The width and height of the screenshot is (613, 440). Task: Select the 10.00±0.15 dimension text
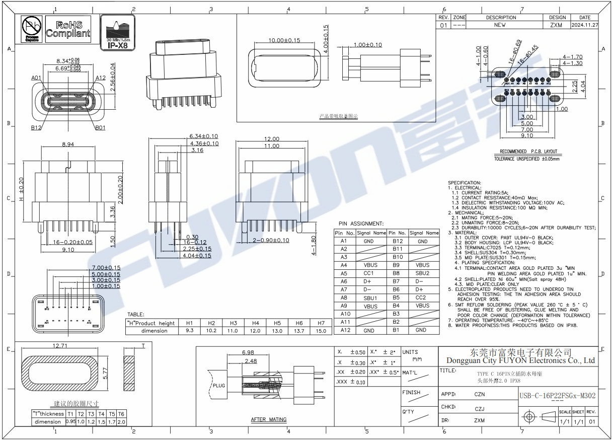click(284, 40)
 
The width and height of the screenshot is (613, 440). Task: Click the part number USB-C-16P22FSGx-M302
click(557, 396)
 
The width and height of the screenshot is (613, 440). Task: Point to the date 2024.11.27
click(585, 25)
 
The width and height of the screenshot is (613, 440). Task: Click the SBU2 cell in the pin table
click(423, 273)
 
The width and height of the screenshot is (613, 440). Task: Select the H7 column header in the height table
click(321, 323)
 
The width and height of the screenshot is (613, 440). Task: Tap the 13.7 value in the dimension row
click(299, 331)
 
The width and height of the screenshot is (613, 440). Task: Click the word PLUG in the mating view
click(219, 386)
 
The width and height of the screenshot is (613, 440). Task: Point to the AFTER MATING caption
click(269, 419)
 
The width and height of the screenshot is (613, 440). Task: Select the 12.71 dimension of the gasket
click(60, 346)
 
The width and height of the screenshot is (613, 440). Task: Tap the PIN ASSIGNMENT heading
click(361, 224)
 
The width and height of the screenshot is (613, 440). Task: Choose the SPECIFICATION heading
click(464, 183)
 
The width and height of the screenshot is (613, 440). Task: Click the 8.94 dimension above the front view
click(67, 144)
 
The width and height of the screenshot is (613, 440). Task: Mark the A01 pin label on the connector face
click(36, 78)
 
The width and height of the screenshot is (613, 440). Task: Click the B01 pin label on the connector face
click(100, 127)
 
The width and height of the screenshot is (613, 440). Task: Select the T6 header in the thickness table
click(121, 414)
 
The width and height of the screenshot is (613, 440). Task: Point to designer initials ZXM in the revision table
click(556, 25)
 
